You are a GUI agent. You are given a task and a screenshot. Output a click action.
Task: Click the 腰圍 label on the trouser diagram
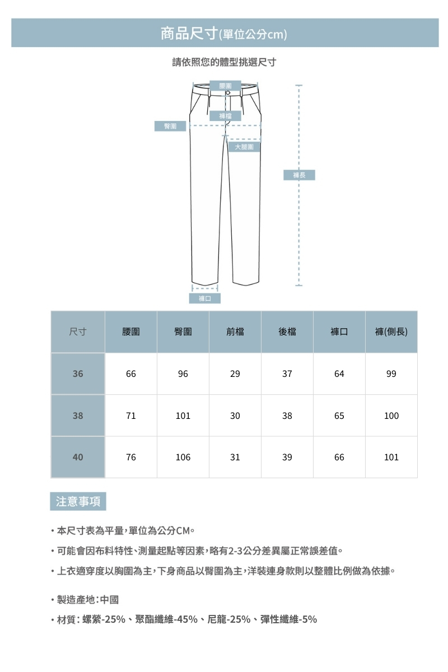(x=226, y=85)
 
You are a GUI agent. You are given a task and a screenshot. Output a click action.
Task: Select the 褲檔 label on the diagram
(x=226, y=116)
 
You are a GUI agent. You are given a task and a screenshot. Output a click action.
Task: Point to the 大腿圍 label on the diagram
(x=244, y=147)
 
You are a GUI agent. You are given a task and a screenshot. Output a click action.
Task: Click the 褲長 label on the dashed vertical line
(x=300, y=175)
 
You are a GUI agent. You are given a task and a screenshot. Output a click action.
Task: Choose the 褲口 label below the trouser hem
(x=205, y=298)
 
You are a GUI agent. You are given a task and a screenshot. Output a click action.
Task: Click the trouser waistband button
(x=228, y=92)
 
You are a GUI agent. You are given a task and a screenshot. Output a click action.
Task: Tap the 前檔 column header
(x=235, y=332)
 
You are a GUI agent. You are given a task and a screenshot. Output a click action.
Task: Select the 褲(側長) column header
(x=391, y=332)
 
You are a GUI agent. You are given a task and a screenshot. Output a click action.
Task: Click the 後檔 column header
(x=287, y=332)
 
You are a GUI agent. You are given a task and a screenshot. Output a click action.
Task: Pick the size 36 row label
(x=78, y=374)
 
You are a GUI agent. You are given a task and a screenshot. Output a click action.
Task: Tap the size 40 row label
(x=78, y=457)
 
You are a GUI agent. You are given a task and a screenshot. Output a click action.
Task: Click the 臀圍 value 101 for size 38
(x=183, y=416)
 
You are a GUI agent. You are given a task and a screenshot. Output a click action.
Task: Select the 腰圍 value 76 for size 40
(x=130, y=457)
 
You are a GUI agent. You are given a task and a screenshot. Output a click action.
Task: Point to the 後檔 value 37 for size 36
(x=287, y=374)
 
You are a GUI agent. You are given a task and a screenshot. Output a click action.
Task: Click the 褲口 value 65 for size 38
(x=339, y=416)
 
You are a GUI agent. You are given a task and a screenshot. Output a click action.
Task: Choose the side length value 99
(x=391, y=374)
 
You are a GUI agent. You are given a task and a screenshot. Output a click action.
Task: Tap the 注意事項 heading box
(x=78, y=501)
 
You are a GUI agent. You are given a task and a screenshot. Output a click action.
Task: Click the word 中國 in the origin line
(x=110, y=600)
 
